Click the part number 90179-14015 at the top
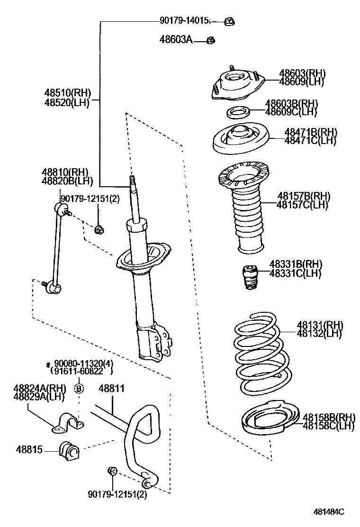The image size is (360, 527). (184, 20)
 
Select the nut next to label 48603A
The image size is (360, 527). (211, 40)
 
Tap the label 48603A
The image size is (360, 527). (176, 40)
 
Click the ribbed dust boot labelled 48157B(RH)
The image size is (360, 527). (243, 208)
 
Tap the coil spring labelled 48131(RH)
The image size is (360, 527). (261, 354)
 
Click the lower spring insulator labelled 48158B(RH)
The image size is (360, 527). (270, 418)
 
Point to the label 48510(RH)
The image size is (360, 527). (67, 93)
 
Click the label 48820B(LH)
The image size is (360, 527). (67, 181)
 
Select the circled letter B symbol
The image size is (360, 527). (79, 389)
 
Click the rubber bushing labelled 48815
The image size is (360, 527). (69, 450)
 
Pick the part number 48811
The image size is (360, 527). (111, 388)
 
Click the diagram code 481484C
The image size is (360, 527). (329, 512)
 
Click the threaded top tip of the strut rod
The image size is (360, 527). (132, 177)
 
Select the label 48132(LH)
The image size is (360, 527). (319, 334)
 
